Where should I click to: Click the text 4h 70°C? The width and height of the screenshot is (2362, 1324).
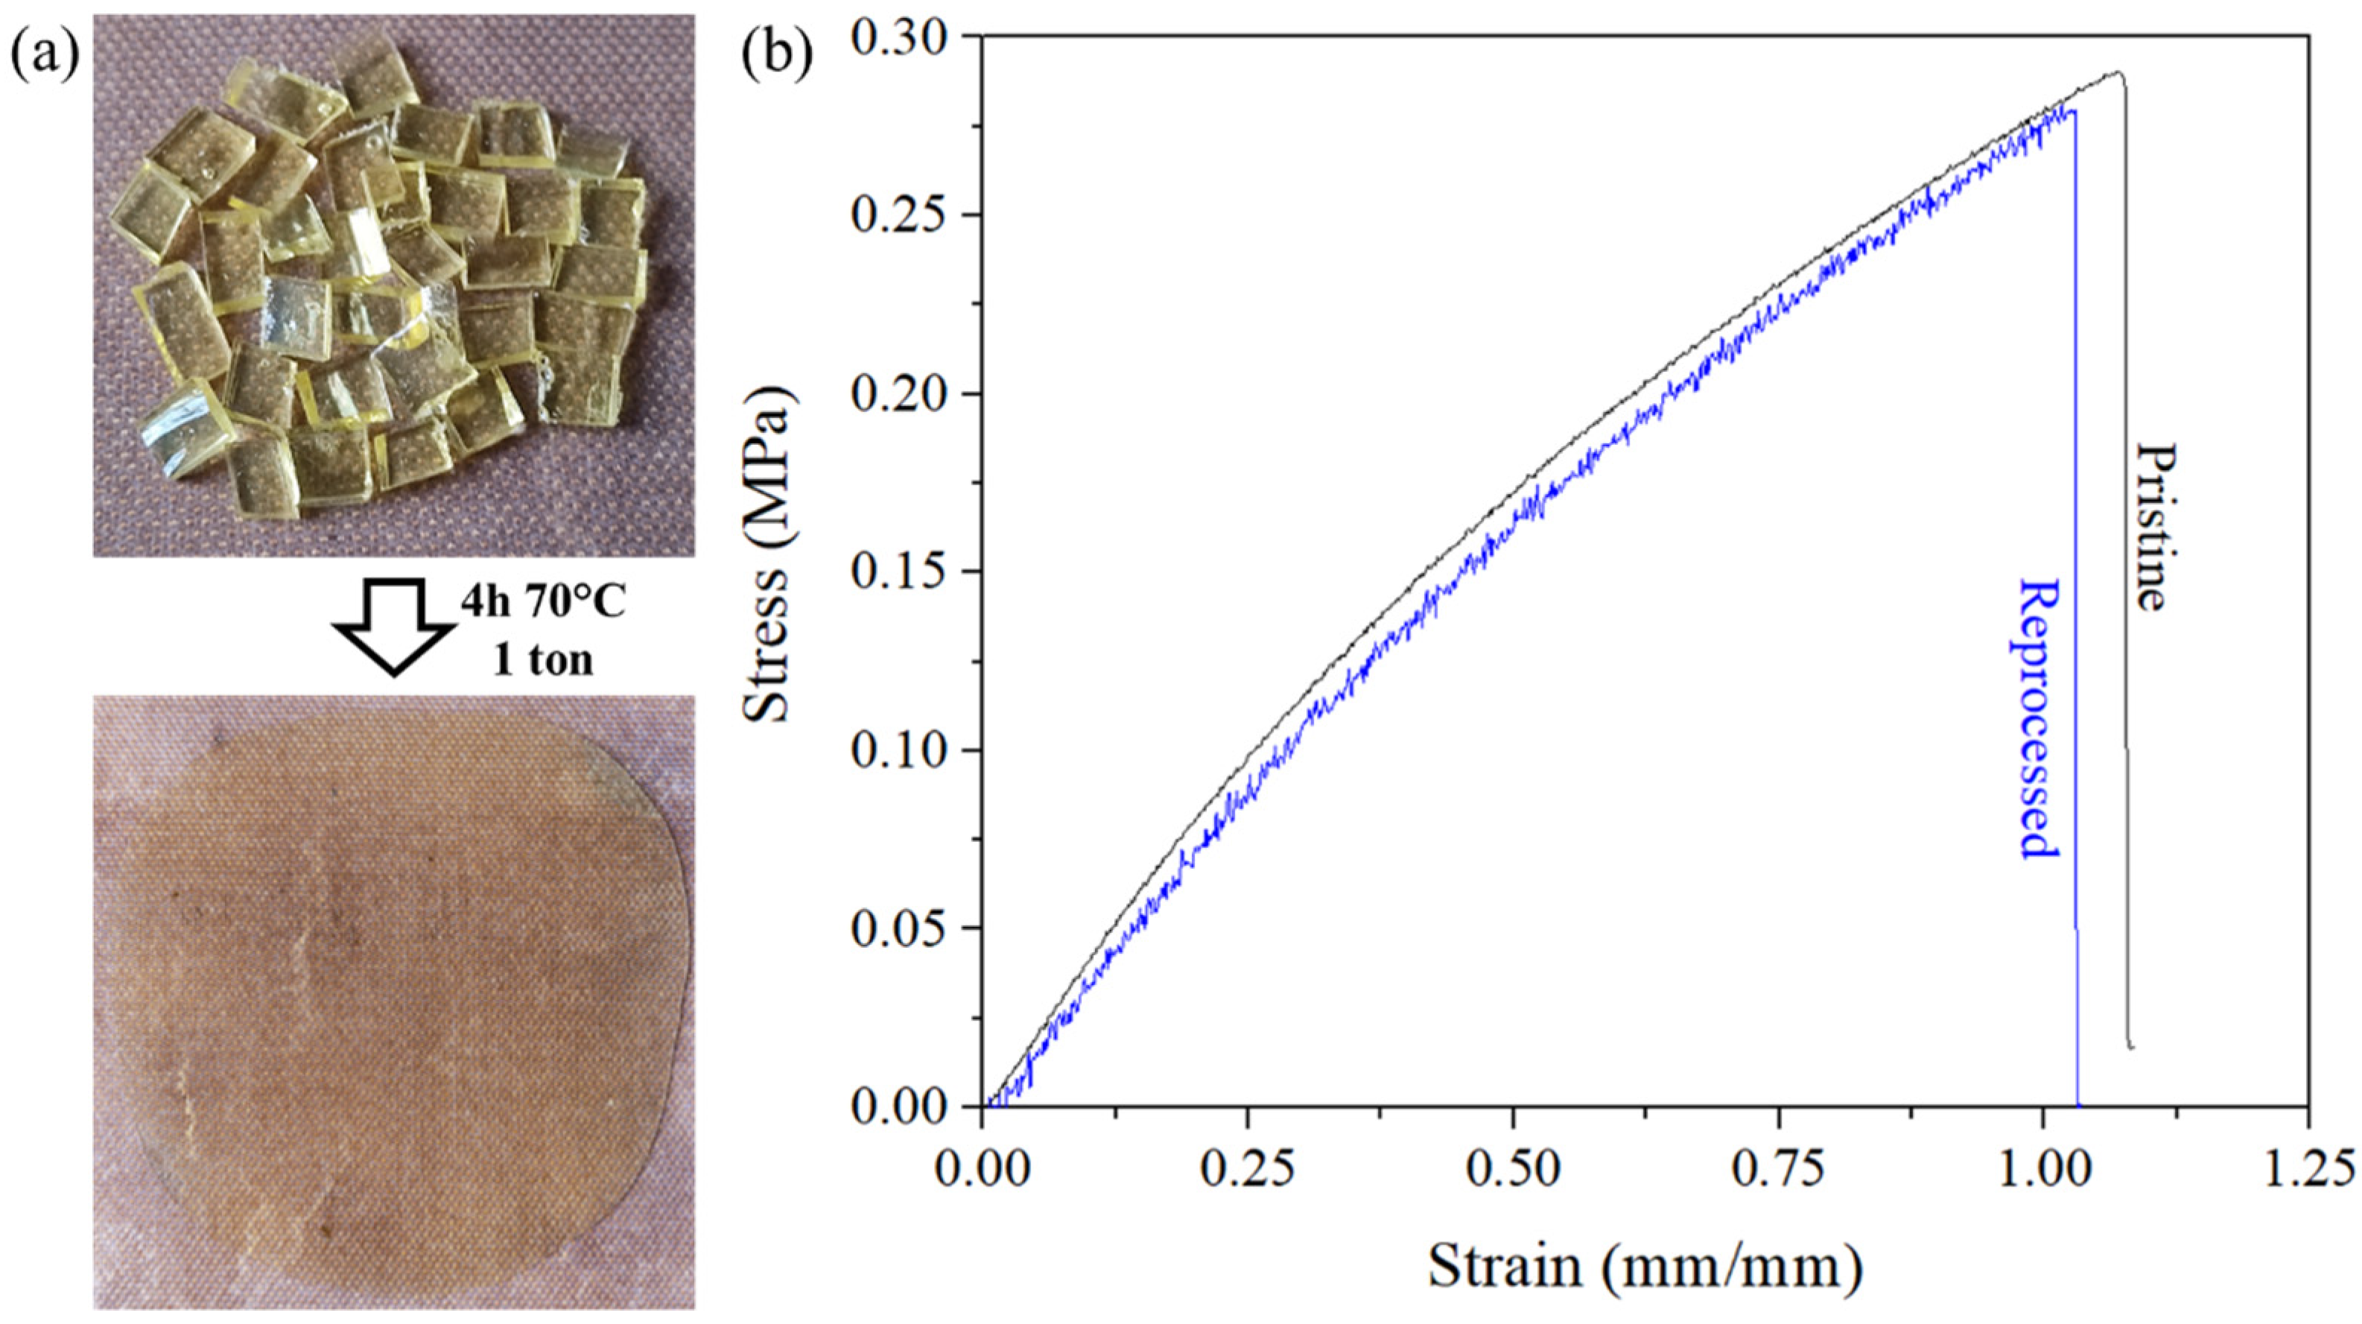(544, 604)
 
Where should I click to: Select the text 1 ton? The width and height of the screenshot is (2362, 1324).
(544, 660)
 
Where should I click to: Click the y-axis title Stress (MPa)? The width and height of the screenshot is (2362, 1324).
(769, 555)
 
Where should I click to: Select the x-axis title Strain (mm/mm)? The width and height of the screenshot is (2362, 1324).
(1644, 1267)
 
